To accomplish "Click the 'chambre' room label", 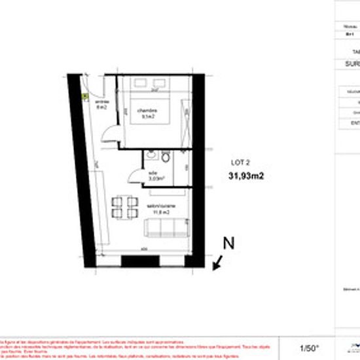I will coord(146,111).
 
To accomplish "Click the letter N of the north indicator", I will coord(229,243).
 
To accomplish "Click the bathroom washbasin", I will coord(150,156).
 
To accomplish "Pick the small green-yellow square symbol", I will coord(86,96).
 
